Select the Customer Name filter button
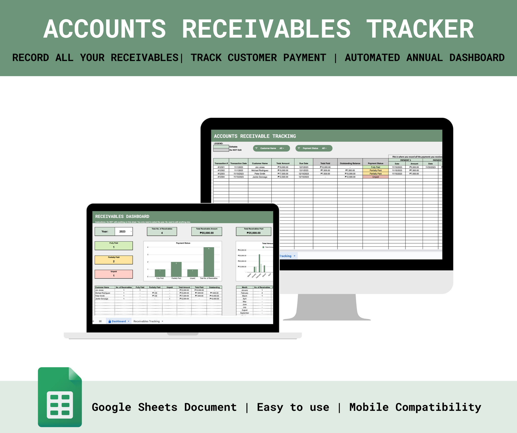point(271,148)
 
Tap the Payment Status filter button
point(314,148)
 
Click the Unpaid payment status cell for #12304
point(375,177)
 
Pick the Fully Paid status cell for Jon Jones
point(375,167)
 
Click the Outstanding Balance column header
point(350,163)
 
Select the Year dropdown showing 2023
point(124,232)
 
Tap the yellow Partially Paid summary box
point(114,260)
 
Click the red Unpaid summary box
point(114,274)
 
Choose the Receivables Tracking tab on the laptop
point(147,321)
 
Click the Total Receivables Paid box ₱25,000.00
point(253,232)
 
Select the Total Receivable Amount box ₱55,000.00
point(206,232)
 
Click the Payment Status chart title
point(183,243)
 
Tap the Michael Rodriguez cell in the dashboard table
point(103,293)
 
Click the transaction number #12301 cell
point(221,167)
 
